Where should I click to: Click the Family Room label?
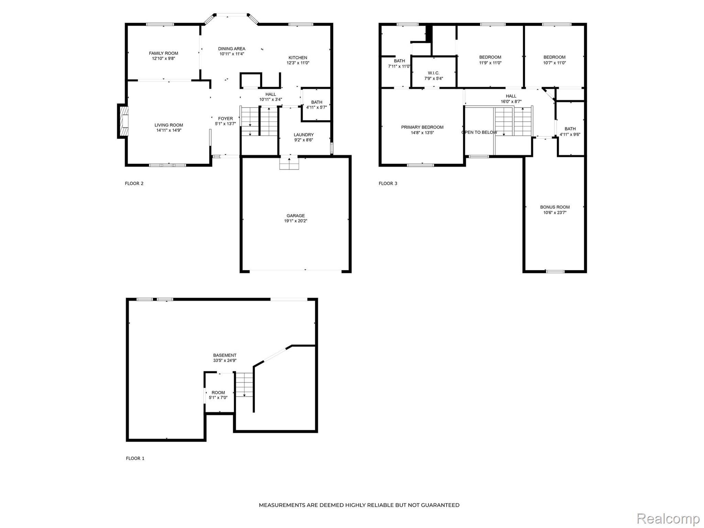[x=163, y=53]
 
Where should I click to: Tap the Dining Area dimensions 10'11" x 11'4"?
[x=232, y=54]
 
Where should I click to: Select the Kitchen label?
[x=298, y=58]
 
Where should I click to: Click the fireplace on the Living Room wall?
[x=123, y=121]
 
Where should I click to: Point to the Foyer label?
[x=225, y=119]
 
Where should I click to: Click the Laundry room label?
[x=304, y=135]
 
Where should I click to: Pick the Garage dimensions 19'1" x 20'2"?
[x=295, y=221]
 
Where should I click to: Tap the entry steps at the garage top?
[x=289, y=163]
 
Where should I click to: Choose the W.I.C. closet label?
[x=433, y=73]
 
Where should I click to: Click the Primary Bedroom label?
[x=422, y=127]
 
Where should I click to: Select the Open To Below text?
[x=479, y=132]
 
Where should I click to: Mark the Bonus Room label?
[x=554, y=207]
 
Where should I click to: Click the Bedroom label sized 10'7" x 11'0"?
[x=554, y=57]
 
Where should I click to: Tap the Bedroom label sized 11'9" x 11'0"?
[x=490, y=57]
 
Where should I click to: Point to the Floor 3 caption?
[x=388, y=184]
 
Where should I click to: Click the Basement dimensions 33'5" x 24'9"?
[x=224, y=361]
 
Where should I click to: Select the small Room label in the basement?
[x=218, y=393]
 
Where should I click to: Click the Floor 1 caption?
[x=135, y=458]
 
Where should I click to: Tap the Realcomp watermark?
[x=668, y=518]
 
